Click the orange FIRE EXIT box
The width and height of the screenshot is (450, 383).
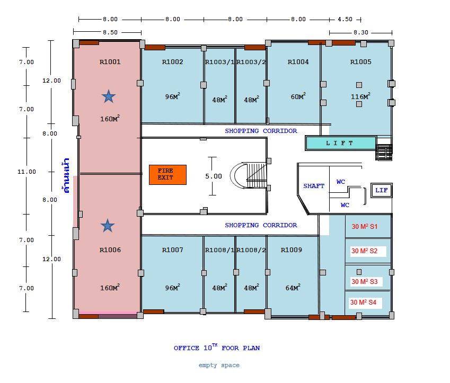pyautogui.click(x=167, y=174)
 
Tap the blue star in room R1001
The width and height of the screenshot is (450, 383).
pyautogui.click(x=109, y=96)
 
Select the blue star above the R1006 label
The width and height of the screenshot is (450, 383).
pyautogui.click(x=108, y=226)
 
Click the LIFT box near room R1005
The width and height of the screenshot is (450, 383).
pyautogui.click(x=341, y=143)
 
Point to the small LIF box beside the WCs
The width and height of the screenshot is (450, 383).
pyautogui.click(x=382, y=190)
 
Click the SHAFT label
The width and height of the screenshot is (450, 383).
pyautogui.click(x=314, y=186)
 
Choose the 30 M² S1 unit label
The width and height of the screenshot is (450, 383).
pyautogui.click(x=365, y=226)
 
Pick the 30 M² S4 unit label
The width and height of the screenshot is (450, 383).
pyautogui.click(x=363, y=302)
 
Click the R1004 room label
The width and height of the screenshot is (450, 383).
pyautogui.click(x=298, y=61)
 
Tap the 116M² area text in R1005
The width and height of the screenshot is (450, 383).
pyautogui.click(x=360, y=96)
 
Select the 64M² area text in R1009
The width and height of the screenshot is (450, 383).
pyautogui.click(x=293, y=287)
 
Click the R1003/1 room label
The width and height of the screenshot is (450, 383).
pyautogui.click(x=219, y=61)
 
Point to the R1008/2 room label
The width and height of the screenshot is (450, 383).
pyautogui.click(x=251, y=250)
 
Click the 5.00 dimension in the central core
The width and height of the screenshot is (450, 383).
pyautogui.click(x=214, y=176)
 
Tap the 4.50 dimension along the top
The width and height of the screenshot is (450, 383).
pyautogui.click(x=345, y=19)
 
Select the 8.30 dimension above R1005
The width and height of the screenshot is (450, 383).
pyautogui.click(x=361, y=32)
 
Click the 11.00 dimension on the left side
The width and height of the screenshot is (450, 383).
pyautogui.click(x=27, y=172)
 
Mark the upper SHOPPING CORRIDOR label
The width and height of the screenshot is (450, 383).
pyautogui.click(x=261, y=131)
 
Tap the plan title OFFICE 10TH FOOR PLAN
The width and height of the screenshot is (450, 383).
pyautogui.click(x=217, y=347)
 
